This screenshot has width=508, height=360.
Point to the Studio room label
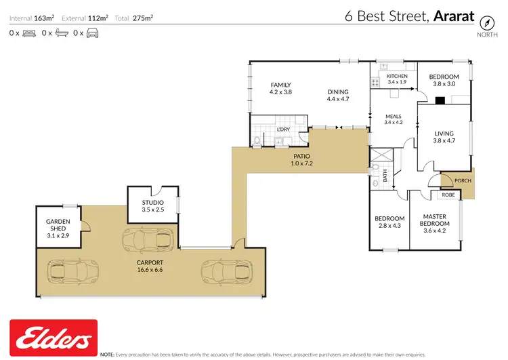pyautogui.click(x=152, y=205)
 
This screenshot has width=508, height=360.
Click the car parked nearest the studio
pyautogui.click(x=146, y=239)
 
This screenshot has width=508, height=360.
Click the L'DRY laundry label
pyautogui.click(x=283, y=129)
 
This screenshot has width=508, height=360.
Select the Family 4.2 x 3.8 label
pyautogui.click(x=280, y=88)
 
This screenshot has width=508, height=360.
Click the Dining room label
pyautogui.click(x=337, y=96)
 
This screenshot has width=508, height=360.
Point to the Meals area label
pyautogui.click(x=393, y=119)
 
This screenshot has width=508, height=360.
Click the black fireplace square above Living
pyautogui.click(x=440, y=100)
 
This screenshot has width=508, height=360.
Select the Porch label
pyautogui.click(x=463, y=180)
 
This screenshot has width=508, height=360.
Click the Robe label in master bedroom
pyautogui.click(x=448, y=195)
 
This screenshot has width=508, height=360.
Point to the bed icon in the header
pyautogui.click(x=28, y=33)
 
